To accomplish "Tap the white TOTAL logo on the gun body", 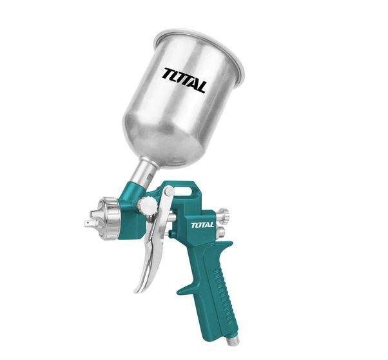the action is click(202, 225).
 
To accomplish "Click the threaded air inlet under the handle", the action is click(230, 339).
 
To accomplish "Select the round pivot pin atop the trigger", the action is click(170, 191).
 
